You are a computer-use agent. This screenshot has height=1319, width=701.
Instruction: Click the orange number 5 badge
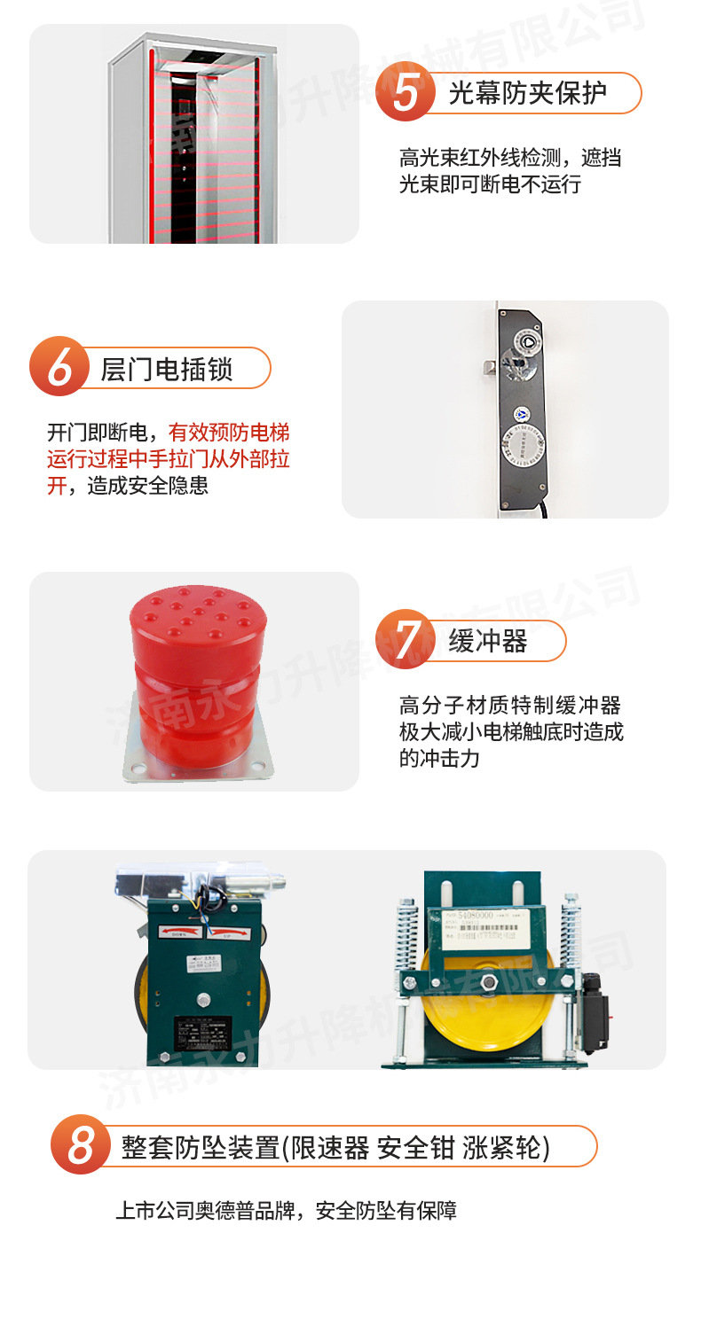point(406,91)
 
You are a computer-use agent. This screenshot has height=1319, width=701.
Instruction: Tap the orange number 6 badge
point(59,367)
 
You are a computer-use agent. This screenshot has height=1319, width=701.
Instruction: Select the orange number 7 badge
point(406,638)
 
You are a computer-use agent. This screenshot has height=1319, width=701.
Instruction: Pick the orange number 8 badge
point(81,1144)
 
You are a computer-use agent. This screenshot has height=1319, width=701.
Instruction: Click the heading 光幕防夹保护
point(527,93)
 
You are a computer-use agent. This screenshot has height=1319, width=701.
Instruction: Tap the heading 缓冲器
point(488,641)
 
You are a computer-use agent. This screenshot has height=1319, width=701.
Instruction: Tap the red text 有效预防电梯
point(229,433)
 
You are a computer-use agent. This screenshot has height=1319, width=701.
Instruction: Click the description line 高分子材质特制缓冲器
point(510,706)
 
